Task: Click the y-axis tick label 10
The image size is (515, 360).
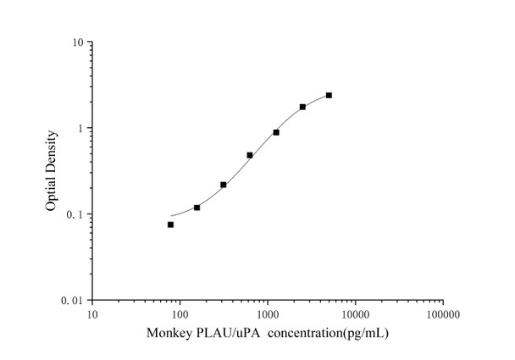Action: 75,42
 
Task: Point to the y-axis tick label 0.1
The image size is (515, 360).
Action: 75,214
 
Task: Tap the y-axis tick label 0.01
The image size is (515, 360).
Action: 72,301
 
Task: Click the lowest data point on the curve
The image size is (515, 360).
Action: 170,224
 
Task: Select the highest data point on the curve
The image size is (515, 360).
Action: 329,95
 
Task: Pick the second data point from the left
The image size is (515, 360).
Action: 197,208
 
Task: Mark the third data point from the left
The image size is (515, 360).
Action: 223,185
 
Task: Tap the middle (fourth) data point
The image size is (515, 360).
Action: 249,155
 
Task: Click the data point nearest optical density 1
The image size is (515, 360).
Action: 276,132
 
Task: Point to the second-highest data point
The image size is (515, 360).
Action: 302,107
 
